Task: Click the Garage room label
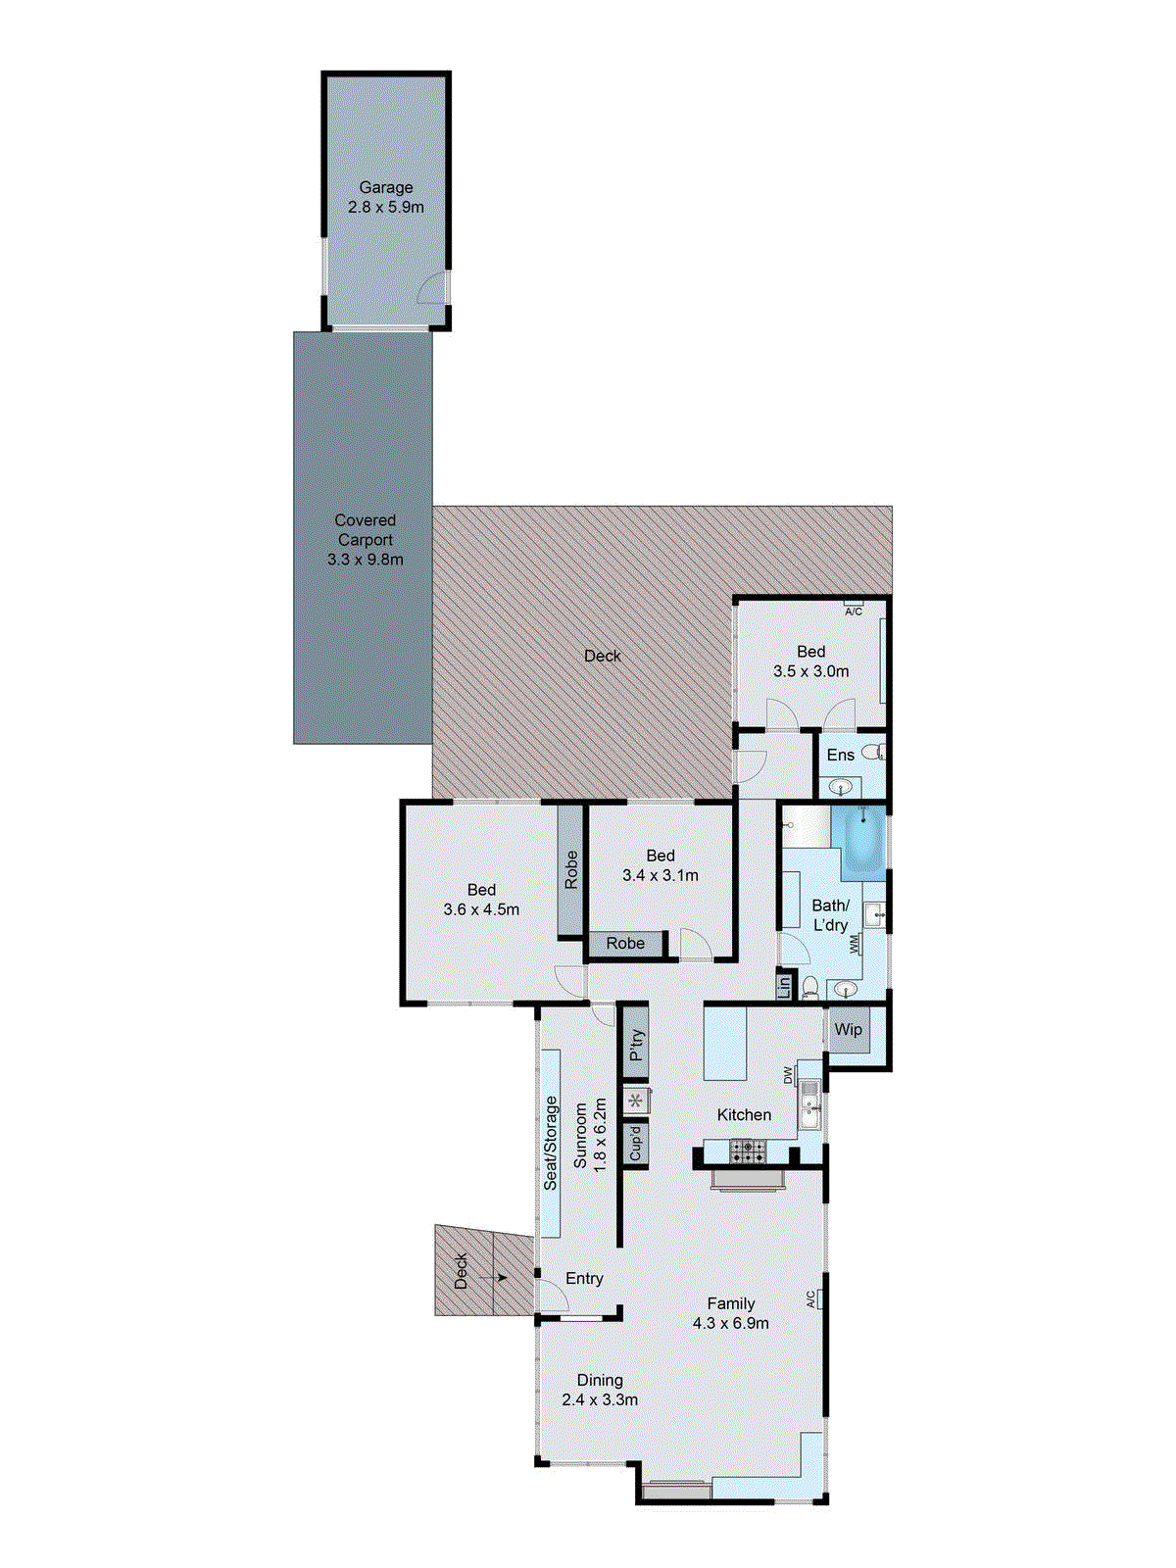coord(385,187)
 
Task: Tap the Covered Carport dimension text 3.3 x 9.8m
coord(365,560)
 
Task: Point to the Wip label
coord(848,1029)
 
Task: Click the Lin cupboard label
coord(784,986)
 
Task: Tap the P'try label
coord(636,1046)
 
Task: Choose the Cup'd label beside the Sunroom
coord(636,1143)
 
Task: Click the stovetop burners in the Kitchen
coord(748,1151)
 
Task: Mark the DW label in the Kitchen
coord(787,1075)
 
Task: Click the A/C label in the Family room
coord(811,1299)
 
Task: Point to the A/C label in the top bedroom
coord(854,612)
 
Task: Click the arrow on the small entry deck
coord(499,1277)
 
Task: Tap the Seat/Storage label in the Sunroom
coord(551,1143)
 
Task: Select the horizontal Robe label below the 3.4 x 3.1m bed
coord(625,943)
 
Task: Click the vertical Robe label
coord(571,870)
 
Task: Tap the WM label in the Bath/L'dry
coord(855,945)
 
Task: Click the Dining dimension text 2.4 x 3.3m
coord(600,1399)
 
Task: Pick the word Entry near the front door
coord(584,1279)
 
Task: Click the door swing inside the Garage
coord(431,289)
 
